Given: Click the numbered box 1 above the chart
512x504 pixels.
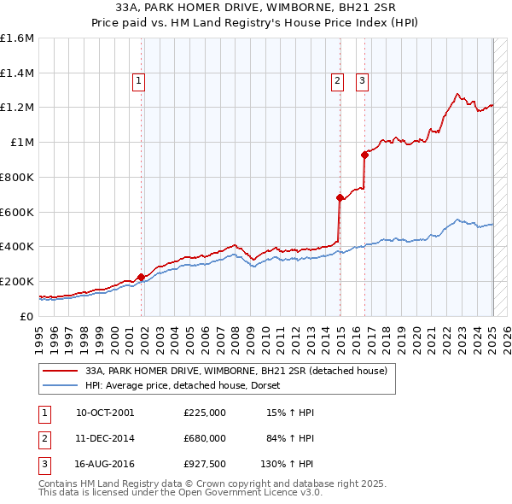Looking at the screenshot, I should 138,81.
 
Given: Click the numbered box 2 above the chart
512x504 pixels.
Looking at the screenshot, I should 337,81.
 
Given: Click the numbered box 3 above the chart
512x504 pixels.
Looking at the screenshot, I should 362,81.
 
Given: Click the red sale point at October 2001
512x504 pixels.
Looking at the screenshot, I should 141,277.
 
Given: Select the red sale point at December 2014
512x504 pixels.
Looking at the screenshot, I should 340,197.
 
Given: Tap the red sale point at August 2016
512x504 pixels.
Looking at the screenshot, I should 364,155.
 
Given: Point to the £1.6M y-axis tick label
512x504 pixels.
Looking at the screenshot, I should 17,38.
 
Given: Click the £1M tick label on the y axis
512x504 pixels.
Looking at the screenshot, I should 23,143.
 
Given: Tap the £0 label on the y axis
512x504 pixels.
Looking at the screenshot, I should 28,316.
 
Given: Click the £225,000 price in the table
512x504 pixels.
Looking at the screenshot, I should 205,413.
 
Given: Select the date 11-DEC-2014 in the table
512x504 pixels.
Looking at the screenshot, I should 105,438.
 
